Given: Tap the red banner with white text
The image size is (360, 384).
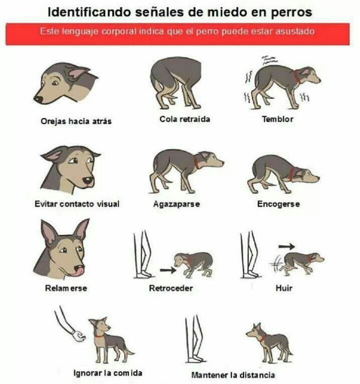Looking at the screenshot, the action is [x=178, y=34].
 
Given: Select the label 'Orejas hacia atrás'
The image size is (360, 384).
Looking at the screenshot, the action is [x=76, y=121].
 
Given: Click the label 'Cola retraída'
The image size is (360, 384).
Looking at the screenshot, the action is [x=184, y=119].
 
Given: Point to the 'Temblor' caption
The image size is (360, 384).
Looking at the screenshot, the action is [x=277, y=119].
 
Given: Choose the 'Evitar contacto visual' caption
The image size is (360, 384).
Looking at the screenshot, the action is [x=77, y=204].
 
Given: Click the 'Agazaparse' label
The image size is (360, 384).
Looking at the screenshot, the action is [x=176, y=204].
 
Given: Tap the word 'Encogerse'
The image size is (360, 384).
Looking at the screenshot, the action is [x=278, y=204].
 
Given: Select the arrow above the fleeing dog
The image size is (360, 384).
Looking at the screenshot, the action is [x=286, y=246].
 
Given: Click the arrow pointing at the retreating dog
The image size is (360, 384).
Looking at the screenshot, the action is [x=168, y=270].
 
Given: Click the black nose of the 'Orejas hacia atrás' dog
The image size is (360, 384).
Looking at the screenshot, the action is [x=38, y=99].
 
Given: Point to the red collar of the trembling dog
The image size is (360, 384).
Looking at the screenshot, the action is [x=296, y=77].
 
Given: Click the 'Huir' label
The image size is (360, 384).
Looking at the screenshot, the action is [x=284, y=288].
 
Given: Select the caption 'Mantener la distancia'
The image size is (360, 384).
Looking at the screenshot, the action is [x=233, y=375].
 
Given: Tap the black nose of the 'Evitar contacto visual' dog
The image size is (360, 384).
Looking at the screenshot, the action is [x=87, y=180].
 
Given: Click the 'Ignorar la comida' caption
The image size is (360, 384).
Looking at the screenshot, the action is [x=108, y=373].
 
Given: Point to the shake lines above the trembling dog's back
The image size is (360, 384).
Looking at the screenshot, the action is [x=269, y=60].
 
